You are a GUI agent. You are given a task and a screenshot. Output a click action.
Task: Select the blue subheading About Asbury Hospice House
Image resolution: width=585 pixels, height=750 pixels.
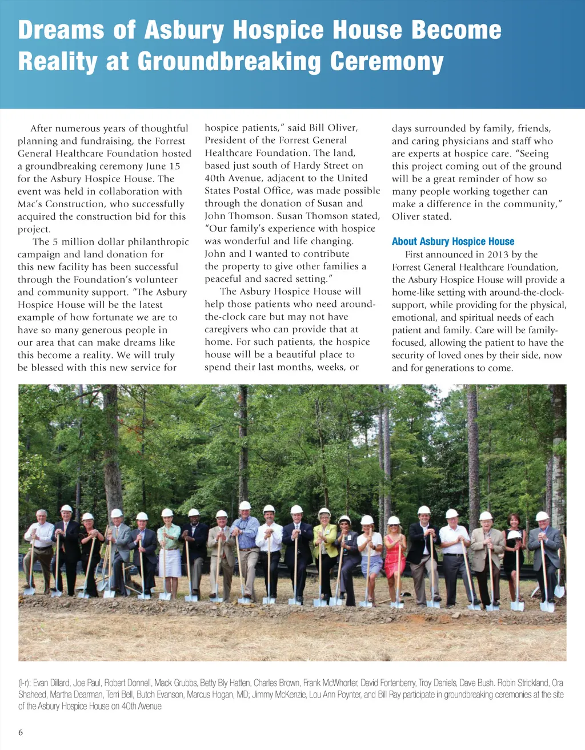click(x=453, y=241)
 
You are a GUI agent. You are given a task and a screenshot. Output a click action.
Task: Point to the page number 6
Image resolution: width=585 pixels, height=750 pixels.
click(x=21, y=733)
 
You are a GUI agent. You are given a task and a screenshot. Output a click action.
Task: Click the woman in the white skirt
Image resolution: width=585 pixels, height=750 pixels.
click(x=169, y=548)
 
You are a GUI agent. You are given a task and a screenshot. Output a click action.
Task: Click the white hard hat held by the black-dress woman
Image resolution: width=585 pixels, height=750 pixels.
click(x=514, y=535)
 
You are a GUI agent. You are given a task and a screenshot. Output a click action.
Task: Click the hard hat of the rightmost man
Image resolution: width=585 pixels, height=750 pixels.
click(x=542, y=516)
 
